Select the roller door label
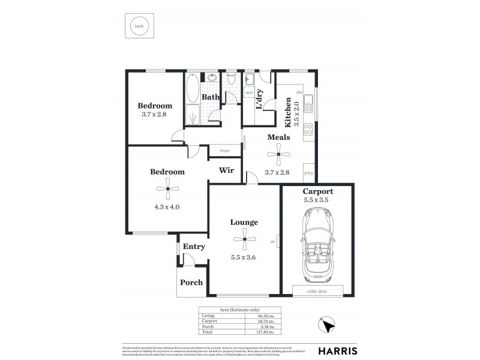click(x=317, y=290)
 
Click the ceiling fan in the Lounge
click(x=244, y=242)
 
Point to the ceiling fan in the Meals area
click(x=278, y=157)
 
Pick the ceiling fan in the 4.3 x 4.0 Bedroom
click(x=167, y=191)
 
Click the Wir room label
click(x=226, y=170)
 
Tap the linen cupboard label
click(x=224, y=151)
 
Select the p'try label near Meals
click(x=309, y=173)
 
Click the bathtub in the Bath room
click(x=193, y=88)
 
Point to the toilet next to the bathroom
click(x=231, y=79)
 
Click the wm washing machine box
click(x=249, y=93)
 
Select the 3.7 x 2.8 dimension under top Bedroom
click(x=153, y=115)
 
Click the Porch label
click(x=191, y=283)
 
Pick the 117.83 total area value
click(x=265, y=331)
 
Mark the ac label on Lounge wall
click(x=272, y=242)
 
